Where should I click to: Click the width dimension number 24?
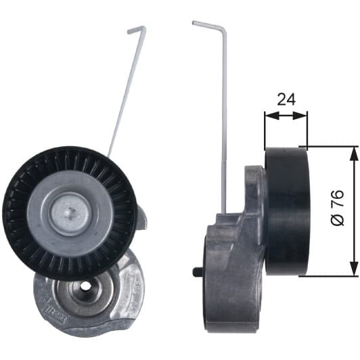(286, 99)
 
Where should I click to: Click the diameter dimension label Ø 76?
(337, 208)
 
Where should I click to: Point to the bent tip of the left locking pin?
(137, 29)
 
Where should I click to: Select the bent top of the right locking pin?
(208, 26)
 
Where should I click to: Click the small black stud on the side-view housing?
(197, 271)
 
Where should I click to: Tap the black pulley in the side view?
(286, 210)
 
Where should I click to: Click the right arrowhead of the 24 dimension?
(300, 116)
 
